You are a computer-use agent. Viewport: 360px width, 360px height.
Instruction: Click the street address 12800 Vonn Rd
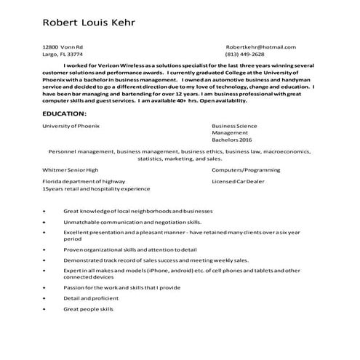tap(63, 47)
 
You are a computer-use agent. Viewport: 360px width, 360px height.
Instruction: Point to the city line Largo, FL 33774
tap(63, 55)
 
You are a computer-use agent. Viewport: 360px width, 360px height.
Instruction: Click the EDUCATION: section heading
tap(65, 115)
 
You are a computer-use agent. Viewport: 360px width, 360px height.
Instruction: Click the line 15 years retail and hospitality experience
tap(90, 188)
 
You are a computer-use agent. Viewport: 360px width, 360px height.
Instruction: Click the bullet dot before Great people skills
tap(45, 309)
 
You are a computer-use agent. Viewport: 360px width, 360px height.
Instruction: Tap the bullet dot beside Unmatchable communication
tap(45, 221)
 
